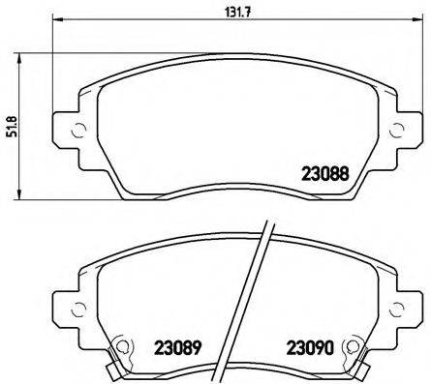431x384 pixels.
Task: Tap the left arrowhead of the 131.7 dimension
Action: coord(56,21)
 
